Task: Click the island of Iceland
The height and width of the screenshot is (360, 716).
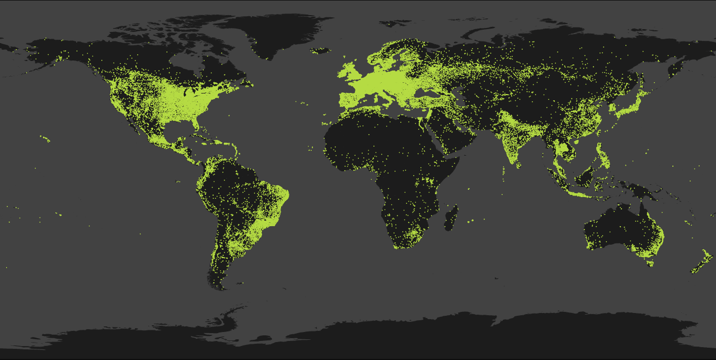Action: [x=320, y=51]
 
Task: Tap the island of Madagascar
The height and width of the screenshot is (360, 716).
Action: [x=451, y=217]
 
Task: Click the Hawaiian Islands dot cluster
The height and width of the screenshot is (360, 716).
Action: [x=46, y=139]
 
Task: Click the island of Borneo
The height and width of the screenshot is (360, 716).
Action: [x=585, y=178]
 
